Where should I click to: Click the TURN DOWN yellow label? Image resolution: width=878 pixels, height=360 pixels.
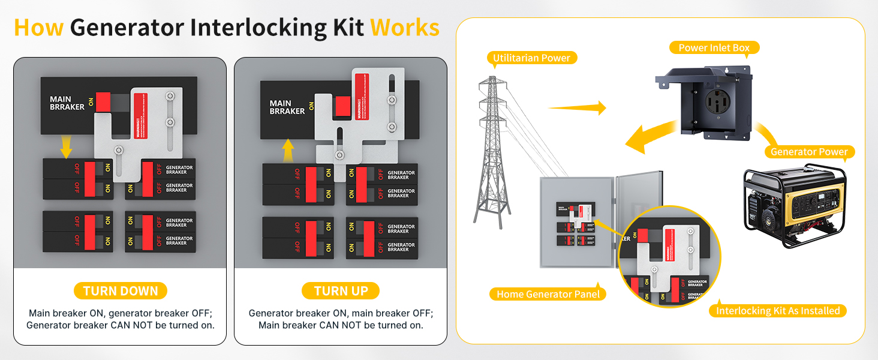click(x=120, y=291)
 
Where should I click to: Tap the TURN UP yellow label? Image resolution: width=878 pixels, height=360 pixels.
click(x=341, y=291)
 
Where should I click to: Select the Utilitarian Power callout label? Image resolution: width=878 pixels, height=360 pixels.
click(x=531, y=58)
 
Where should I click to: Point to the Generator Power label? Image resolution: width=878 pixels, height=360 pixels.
click(x=809, y=152)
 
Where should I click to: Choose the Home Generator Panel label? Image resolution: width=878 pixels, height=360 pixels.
click(x=548, y=294)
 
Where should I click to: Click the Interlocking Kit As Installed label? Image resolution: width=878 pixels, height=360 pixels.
click(x=778, y=310)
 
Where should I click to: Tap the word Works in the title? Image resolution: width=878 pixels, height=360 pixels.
click(x=405, y=28)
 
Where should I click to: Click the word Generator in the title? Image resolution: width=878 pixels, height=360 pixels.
click(x=125, y=28)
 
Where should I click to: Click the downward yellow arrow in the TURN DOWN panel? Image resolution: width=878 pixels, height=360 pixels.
click(x=66, y=146)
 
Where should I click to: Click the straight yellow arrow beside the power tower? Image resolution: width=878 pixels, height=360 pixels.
click(x=577, y=108)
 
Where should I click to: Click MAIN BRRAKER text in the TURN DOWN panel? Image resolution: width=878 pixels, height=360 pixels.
click(x=61, y=103)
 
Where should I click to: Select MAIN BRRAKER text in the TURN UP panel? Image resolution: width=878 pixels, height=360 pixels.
click(x=287, y=107)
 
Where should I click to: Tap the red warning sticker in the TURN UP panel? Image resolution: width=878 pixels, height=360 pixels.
click(x=362, y=98)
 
